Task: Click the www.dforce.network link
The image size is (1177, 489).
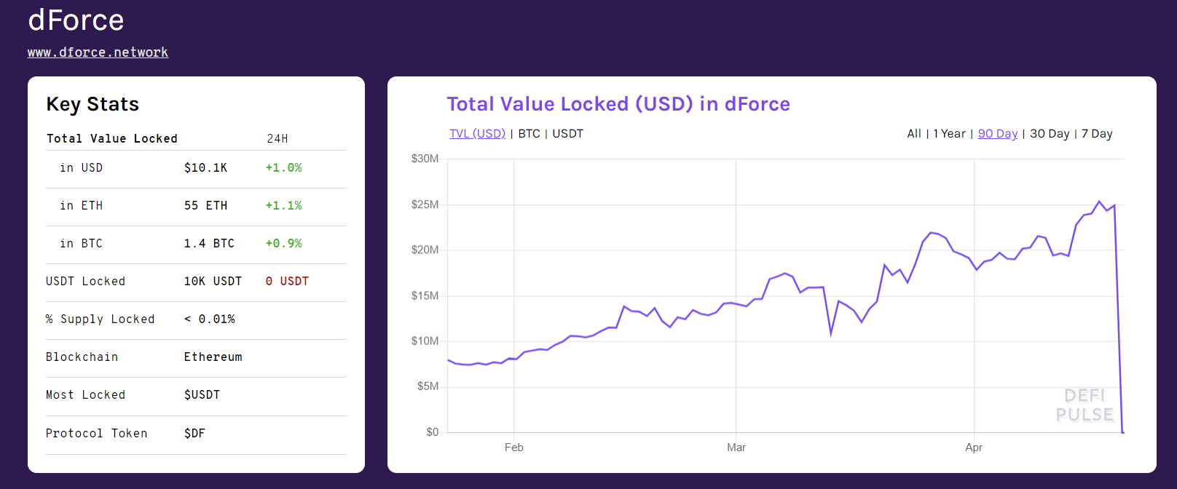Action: (98, 52)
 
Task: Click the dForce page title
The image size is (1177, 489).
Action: (76, 20)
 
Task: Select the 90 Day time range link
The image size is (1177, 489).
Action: (997, 134)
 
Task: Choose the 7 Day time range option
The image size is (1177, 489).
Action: (1097, 134)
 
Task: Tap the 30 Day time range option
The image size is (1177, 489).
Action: (1050, 134)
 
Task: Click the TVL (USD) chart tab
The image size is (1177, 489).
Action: (477, 134)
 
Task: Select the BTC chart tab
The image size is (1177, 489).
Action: (529, 134)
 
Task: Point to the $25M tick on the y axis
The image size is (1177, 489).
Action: (425, 204)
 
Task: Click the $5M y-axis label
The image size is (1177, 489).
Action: (428, 386)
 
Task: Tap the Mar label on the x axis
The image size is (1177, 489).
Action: (736, 448)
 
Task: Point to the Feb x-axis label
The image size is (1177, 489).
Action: (513, 448)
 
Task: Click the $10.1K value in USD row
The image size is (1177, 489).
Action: (205, 168)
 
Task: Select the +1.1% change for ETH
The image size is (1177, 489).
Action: (283, 206)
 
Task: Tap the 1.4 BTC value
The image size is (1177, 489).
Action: (209, 244)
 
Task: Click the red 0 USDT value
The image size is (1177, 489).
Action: (287, 282)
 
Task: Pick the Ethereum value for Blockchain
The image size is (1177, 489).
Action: (213, 357)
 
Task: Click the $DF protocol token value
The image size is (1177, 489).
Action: (194, 434)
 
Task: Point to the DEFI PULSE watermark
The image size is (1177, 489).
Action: (1085, 405)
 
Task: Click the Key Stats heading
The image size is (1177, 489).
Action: (92, 105)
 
